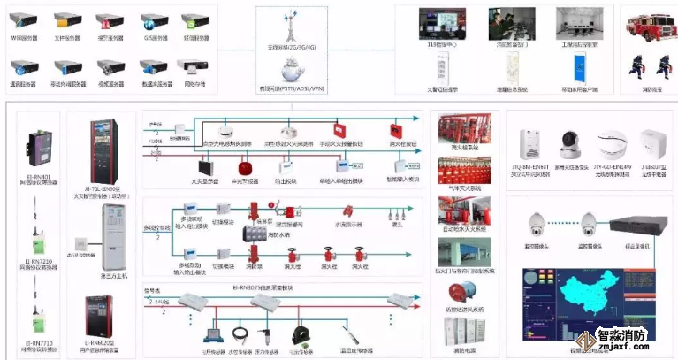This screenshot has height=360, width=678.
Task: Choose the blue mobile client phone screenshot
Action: (x=579, y=65)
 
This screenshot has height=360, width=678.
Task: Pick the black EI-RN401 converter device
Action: (x=41, y=147)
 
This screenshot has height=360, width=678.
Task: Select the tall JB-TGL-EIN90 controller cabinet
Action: (x=101, y=151)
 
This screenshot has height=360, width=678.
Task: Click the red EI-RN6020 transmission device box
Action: (x=100, y=306)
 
